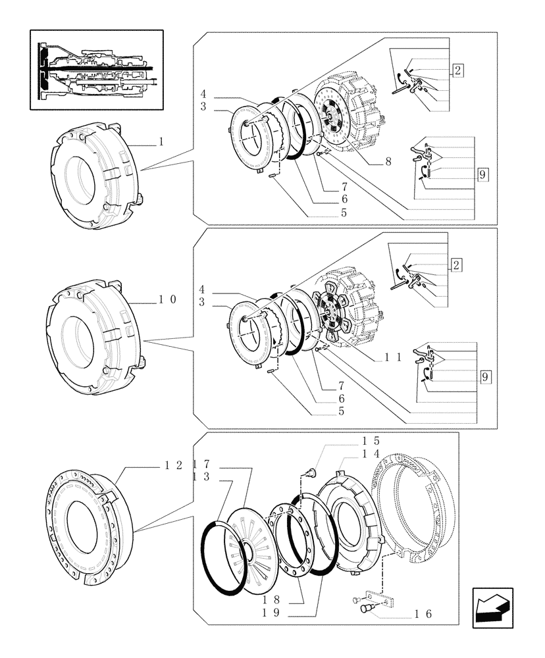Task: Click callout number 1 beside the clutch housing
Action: [x=161, y=141]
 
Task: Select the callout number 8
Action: [x=388, y=162]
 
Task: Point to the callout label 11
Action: [x=393, y=357]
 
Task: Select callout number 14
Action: [x=370, y=454]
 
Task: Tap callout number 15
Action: [x=370, y=441]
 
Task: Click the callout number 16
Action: [x=423, y=614]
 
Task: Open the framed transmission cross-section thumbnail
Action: [x=96, y=69]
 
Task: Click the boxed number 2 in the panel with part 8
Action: [x=457, y=71]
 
